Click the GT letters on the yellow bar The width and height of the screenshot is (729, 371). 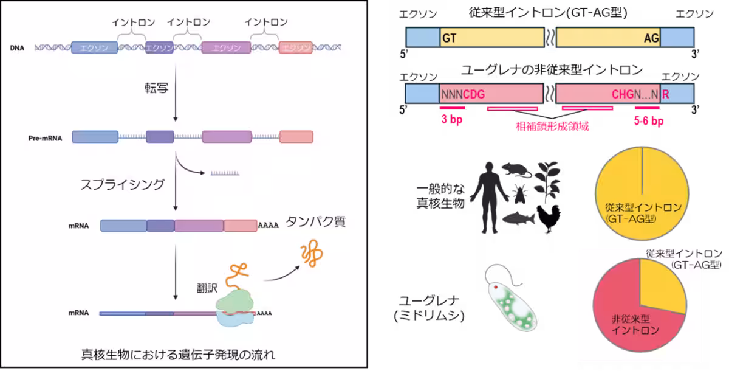(x=450, y=38)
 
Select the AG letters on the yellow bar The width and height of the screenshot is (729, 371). (x=651, y=38)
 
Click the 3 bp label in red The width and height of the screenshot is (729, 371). (x=452, y=120)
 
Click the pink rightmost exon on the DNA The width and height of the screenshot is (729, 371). (x=296, y=47)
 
